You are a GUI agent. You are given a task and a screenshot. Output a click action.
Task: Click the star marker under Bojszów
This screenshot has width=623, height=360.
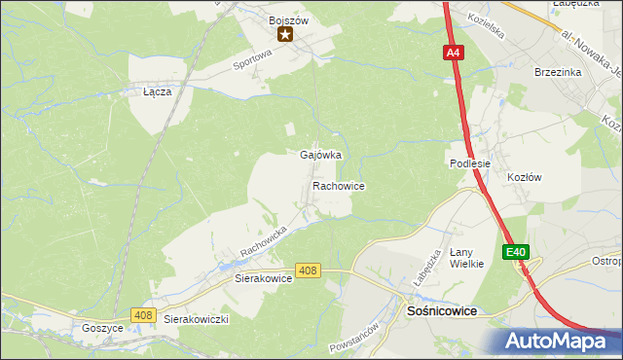(285, 35)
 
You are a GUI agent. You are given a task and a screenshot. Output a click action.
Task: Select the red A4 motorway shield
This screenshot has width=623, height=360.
(454, 54)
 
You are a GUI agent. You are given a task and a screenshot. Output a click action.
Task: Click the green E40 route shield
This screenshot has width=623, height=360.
(516, 252)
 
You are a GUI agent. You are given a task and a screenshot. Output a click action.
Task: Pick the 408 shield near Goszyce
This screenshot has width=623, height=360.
(144, 314)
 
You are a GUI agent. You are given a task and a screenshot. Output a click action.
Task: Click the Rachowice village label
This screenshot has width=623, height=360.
(339, 185)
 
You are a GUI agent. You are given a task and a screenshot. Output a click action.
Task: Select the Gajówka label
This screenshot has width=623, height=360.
(320, 156)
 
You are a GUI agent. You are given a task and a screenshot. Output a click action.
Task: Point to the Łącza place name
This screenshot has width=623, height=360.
(157, 91)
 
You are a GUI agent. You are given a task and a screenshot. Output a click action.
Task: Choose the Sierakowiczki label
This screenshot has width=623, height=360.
(196, 319)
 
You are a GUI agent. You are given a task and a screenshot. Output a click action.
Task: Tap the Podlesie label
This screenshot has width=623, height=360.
(470, 164)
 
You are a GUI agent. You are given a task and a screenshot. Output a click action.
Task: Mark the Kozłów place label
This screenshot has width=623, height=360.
(524, 177)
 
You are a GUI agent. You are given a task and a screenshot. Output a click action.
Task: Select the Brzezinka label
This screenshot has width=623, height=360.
(558, 72)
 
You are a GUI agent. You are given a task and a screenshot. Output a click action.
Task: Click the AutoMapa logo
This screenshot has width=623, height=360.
(560, 341)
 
